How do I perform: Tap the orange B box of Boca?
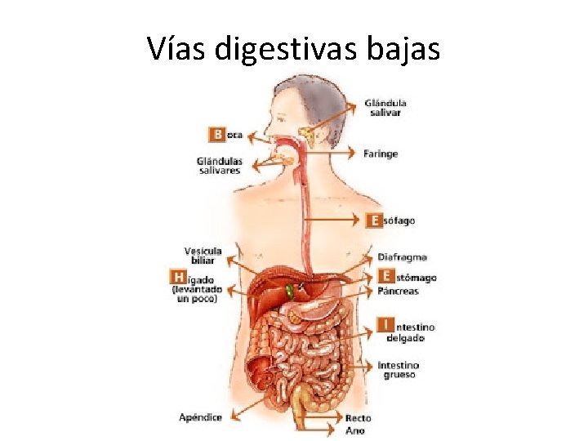(x=217, y=134)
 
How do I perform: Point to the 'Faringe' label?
(x=381, y=153)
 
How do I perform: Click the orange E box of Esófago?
(x=375, y=220)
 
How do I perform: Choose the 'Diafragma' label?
(x=402, y=257)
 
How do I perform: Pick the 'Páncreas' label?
(x=399, y=291)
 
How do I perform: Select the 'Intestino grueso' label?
(x=399, y=369)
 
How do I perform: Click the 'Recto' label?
(x=358, y=417)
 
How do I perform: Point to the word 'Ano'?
(x=355, y=430)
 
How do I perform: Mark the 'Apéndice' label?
(x=201, y=417)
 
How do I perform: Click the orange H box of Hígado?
(x=176, y=278)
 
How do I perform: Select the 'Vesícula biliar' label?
(x=203, y=256)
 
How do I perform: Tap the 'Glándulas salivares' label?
(x=220, y=166)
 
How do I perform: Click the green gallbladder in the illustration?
(x=291, y=290)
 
